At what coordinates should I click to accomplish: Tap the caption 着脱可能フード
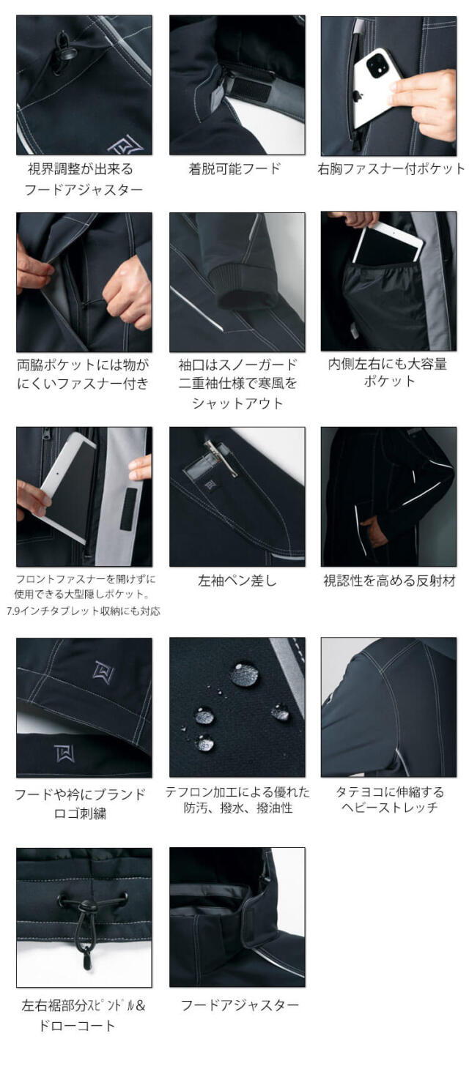234,168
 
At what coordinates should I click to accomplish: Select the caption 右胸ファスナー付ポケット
391,168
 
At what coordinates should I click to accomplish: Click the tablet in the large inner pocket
388,245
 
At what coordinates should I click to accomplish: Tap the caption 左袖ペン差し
237,581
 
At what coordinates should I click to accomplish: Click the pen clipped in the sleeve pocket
220,458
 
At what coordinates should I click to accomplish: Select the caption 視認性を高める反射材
389,581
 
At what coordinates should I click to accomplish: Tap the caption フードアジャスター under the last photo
240,1005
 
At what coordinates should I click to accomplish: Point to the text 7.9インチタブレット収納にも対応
84,611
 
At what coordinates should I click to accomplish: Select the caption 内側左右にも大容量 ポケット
388,372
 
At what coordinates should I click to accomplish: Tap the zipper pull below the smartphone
357,142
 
